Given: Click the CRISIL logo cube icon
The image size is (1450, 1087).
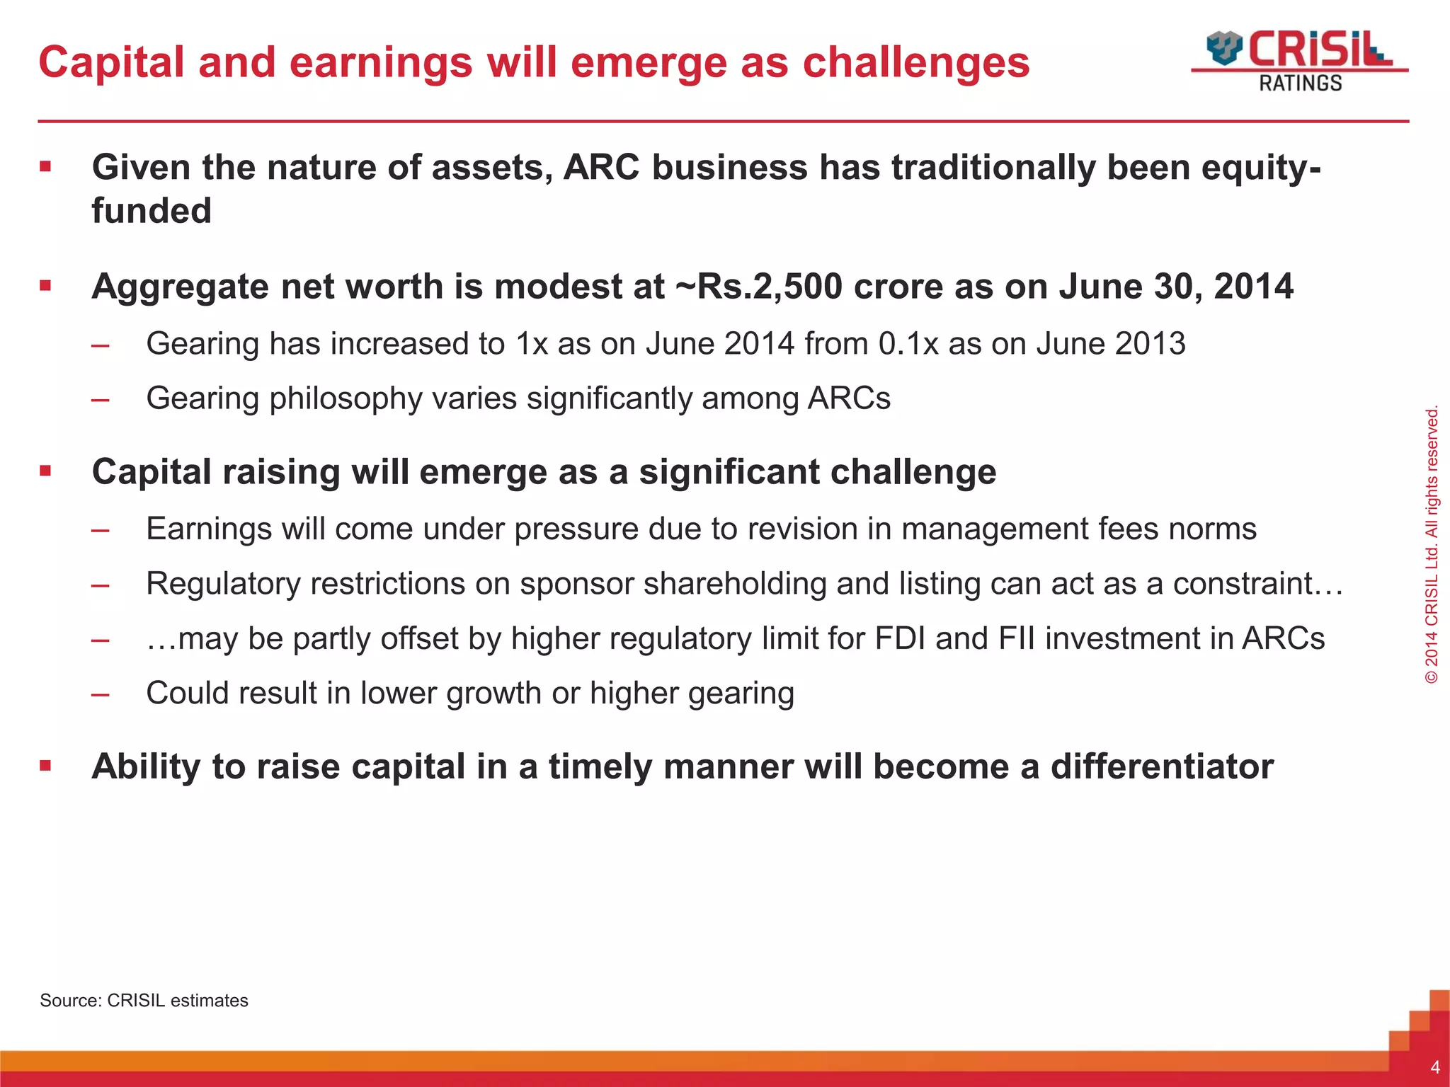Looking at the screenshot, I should [1224, 48].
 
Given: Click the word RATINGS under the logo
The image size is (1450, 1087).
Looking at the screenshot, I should [1300, 84].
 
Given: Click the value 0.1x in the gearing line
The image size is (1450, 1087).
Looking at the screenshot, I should [908, 344].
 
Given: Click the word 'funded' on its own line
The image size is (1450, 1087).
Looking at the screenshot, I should [152, 211].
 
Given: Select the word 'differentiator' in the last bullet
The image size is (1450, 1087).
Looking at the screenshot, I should [1162, 766].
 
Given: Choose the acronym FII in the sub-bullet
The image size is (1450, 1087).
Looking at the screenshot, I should [1017, 638].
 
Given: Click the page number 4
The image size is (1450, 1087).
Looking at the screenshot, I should [1434, 1067].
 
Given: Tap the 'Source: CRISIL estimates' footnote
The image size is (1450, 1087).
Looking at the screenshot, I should [144, 1000].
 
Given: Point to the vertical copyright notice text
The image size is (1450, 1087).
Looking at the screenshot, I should [1431, 543].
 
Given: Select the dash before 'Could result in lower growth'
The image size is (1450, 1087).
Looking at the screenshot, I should [100, 694].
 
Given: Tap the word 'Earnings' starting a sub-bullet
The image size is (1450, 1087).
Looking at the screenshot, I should [209, 529].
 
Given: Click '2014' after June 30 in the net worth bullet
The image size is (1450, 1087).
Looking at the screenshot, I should [1253, 287].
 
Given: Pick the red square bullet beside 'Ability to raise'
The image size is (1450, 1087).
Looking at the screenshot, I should [46, 766].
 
